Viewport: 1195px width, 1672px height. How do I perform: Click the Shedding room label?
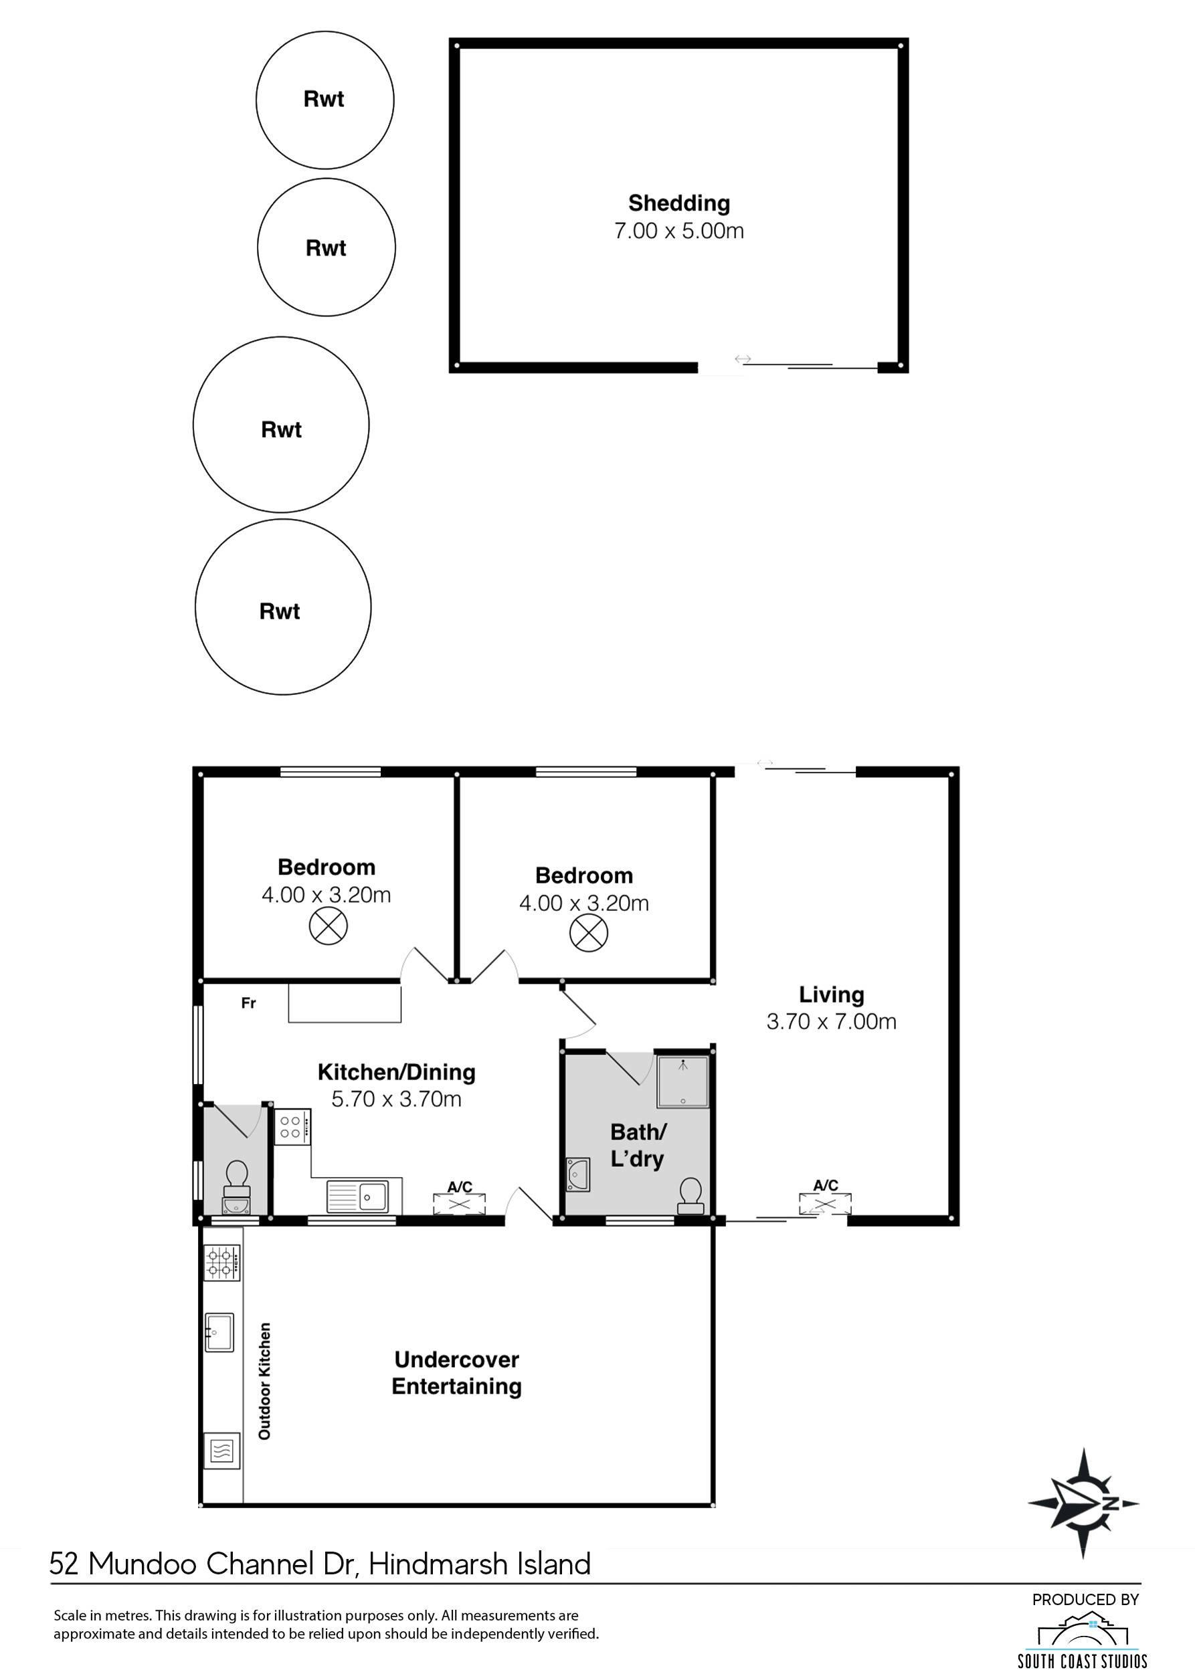[678, 203]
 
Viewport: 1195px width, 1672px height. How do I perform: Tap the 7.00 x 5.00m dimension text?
[678, 231]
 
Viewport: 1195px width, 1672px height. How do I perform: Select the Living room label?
[832, 995]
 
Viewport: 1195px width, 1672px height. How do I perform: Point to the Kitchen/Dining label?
[397, 1073]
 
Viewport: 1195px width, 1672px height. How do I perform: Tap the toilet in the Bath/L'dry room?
[691, 1195]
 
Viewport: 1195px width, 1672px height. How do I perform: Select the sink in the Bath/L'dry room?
[577, 1174]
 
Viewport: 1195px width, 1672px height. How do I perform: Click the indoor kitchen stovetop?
[293, 1127]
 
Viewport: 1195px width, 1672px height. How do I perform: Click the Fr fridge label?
[249, 1003]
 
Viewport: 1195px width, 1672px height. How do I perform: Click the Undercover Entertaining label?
[456, 1373]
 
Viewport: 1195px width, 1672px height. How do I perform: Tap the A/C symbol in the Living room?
[826, 1204]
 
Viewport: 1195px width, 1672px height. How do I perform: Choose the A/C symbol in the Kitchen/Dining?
[459, 1204]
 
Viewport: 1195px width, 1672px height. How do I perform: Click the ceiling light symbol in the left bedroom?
[328, 926]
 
